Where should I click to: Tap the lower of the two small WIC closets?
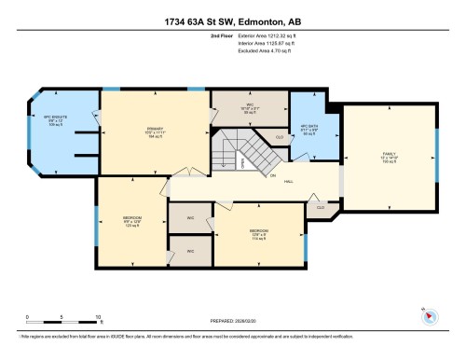[189, 252]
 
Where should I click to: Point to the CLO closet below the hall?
[320, 206]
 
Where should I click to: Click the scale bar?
[47, 320]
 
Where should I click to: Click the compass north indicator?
[427, 314]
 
